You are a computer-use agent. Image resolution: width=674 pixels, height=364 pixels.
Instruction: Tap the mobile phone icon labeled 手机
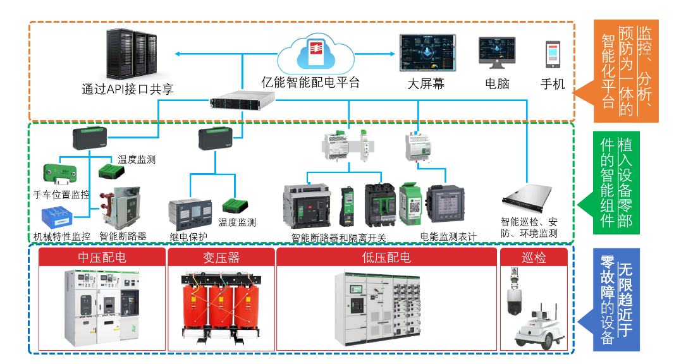(x=553, y=55)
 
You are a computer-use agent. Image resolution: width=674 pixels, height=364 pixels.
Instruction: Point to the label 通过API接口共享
(x=128, y=88)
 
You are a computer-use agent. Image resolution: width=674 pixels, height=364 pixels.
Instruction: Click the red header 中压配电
(x=102, y=258)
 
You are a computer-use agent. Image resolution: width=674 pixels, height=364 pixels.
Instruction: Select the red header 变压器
(x=221, y=258)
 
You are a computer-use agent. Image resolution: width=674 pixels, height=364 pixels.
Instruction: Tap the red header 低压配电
(x=386, y=258)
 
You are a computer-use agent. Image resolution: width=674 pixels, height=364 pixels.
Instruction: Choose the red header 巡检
(x=534, y=258)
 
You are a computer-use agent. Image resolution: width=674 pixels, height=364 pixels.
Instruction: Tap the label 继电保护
(x=188, y=238)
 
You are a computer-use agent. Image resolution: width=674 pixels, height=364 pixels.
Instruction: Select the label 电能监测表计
(x=448, y=236)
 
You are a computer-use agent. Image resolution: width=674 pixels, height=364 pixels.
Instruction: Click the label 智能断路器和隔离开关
(x=338, y=238)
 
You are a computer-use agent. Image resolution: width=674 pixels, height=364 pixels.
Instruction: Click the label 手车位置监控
(x=61, y=195)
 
